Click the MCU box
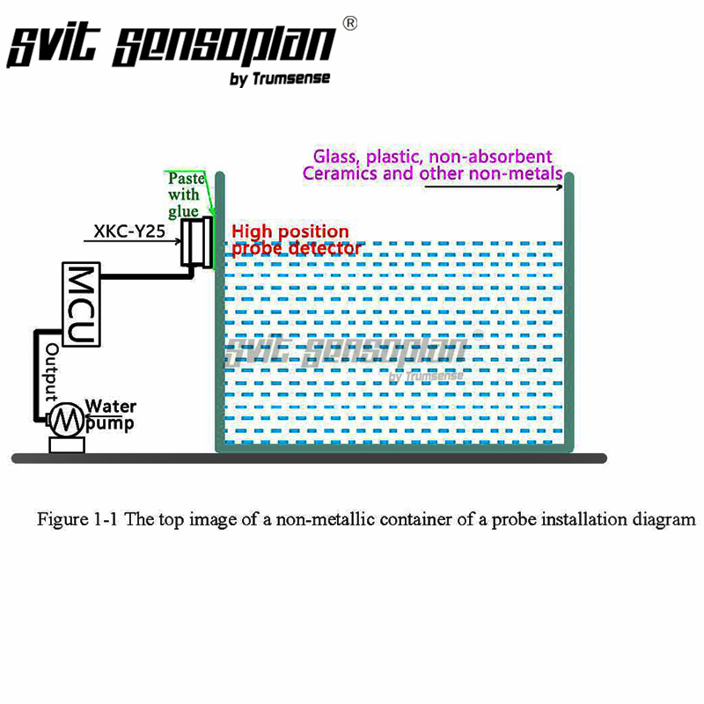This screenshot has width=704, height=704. point(81,304)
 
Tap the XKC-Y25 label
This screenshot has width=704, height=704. point(129,231)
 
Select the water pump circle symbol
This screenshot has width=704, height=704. point(67,420)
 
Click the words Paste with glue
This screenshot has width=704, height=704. point(186,194)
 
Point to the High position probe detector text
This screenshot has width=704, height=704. point(297,240)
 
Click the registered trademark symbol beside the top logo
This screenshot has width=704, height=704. point(350,24)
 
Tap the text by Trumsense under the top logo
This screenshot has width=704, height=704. point(280,78)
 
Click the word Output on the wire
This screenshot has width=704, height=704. point(52,372)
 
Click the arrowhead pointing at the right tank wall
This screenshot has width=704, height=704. point(559,187)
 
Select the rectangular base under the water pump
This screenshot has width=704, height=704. point(67,445)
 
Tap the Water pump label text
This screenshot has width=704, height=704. point(111,414)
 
